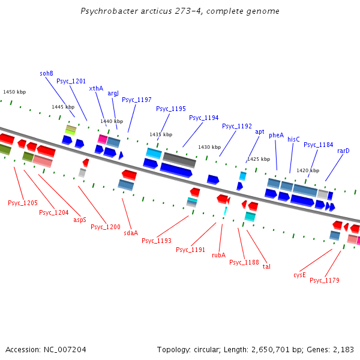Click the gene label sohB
tap(47, 73)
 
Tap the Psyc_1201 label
tap(71, 81)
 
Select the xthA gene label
tap(96, 88)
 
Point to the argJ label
tap(113, 93)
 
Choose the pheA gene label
tap(276, 135)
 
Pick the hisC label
tap(293, 139)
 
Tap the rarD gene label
tap(343, 151)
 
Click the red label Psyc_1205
tap(23, 203)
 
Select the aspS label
tap(80, 220)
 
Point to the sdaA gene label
tap(131, 233)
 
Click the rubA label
tap(218, 255)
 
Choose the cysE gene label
tap(299, 275)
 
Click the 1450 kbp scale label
tap(14, 92)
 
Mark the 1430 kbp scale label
tap(209, 147)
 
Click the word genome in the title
tap(263, 11)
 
